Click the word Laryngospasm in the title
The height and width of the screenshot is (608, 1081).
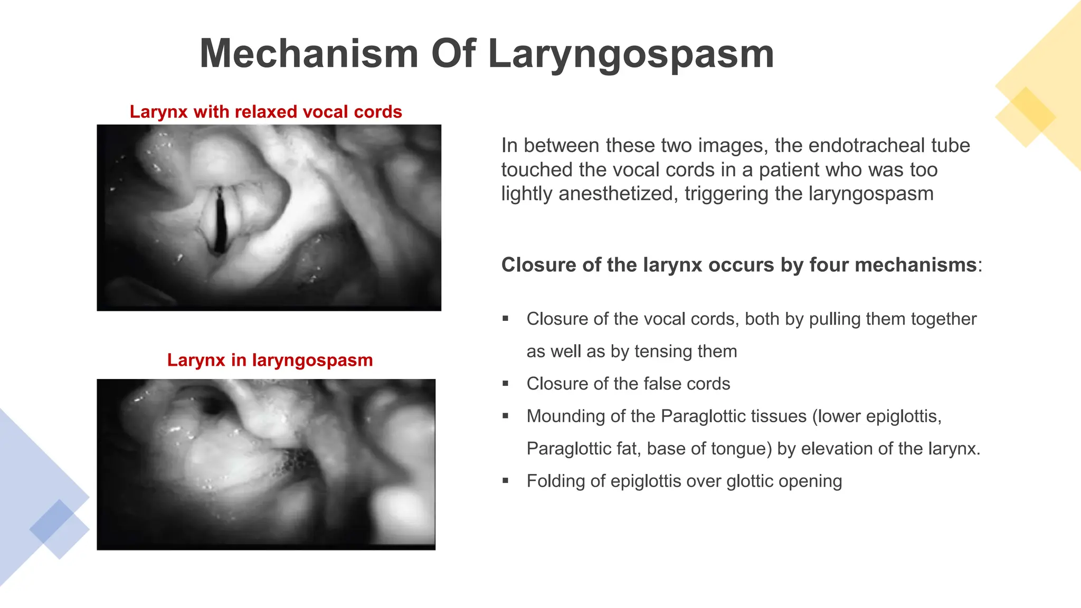631,54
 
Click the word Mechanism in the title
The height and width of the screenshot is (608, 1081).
309,53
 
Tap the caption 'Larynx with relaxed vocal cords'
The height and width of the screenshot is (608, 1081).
265,112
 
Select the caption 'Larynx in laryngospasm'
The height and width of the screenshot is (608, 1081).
270,360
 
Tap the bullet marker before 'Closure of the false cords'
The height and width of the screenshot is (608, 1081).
506,384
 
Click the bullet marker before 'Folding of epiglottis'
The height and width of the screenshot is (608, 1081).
506,481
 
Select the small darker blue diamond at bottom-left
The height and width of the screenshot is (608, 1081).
52,521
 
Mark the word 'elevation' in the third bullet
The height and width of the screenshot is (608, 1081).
837,449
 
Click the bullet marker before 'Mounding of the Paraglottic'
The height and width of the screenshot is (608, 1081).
506,416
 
